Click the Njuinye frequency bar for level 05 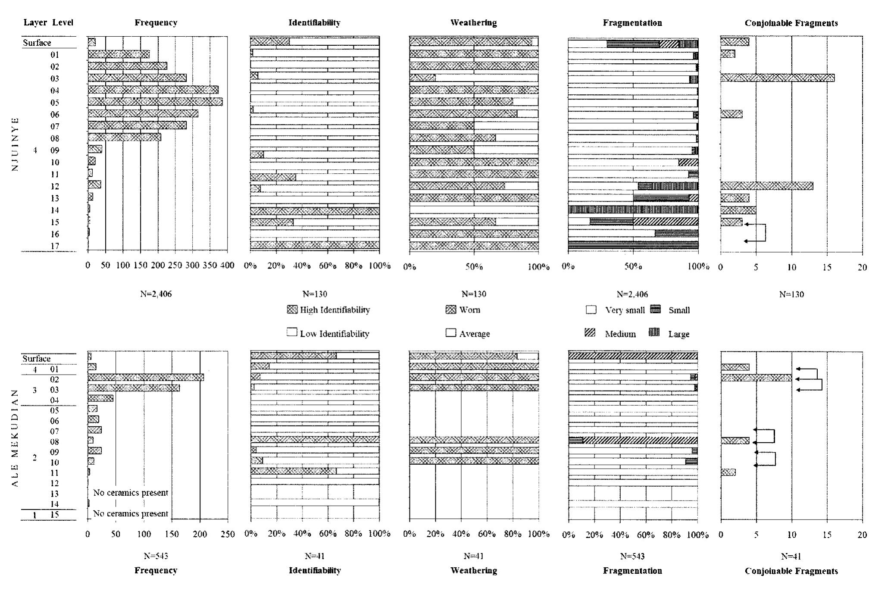(x=155, y=102)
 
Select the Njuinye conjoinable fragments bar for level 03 (x=777, y=78)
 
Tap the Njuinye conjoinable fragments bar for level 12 (x=766, y=186)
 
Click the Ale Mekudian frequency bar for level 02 (x=145, y=378)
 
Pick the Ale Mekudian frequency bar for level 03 (x=134, y=388)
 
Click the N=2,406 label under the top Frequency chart (x=156, y=294)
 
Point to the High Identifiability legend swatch (x=292, y=310)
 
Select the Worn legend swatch (x=451, y=310)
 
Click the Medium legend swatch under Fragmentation (x=590, y=333)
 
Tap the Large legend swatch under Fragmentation (x=654, y=333)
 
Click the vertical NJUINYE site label (x=15, y=144)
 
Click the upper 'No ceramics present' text (x=131, y=493)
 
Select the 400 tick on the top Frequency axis (x=228, y=266)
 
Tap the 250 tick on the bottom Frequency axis (x=228, y=535)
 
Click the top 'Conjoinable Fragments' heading (x=791, y=23)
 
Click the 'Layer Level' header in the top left (x=48, y=22)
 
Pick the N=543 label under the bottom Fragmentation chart (x=632, y=557)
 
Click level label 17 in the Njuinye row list (x=54, y=246)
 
